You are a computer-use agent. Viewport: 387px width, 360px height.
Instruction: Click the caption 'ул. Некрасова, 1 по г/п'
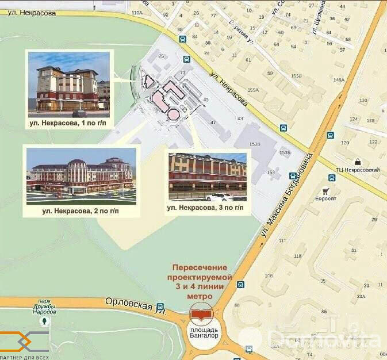(70, 122)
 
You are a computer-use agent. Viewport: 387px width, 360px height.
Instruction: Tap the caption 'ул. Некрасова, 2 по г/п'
(81, 211)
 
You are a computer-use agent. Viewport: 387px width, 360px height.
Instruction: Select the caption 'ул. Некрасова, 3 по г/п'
(206, 206)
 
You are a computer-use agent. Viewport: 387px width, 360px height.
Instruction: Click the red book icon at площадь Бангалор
(201, 315)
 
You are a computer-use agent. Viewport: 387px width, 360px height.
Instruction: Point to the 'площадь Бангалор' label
(201, 332)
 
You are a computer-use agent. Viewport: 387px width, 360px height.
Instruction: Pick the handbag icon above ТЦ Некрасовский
(357, 162)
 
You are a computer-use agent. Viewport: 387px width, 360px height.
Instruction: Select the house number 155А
(254, 90)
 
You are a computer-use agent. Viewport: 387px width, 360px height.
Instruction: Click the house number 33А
(361, 296)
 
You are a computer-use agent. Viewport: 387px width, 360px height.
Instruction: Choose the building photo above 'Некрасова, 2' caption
(81, 175)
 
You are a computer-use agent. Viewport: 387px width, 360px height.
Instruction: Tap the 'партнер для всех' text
(26, 357)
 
